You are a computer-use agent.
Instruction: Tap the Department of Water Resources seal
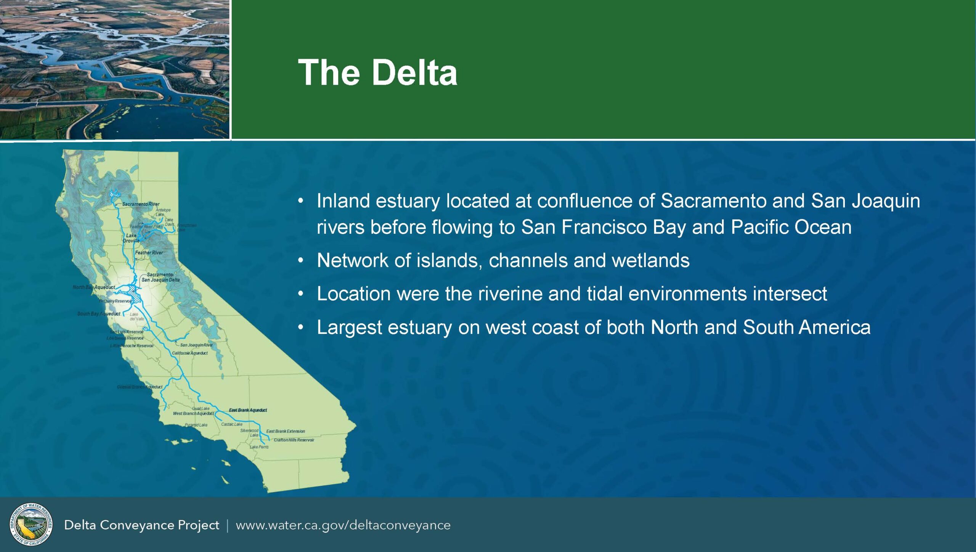pyautogui.click(x=31, y=525)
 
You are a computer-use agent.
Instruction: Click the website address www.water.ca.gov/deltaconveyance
pyautogui.click(x=343, y=525)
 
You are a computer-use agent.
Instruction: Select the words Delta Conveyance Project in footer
pyautogui.click(x=141, y=525)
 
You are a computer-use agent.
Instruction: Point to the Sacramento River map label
pyautogui.click(x=141, y=204)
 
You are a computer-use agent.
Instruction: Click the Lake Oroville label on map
pyautogui.click(x=131, y=238)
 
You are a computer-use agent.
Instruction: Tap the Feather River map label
pyautogui.click(x=149, y=252)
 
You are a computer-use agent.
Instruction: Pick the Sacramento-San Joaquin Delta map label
pyautogui.click(x=161, y=277)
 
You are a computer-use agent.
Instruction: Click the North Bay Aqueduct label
pyautogui.click(x=94, y=287)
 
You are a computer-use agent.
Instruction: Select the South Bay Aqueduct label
pyautogui.click(x=99, y=314)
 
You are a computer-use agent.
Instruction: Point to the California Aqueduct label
pyautogui.click(x=189, y=353)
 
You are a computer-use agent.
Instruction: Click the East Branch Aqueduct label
pyautogui.click(x=248, y=410)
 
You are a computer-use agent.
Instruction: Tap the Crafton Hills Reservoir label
pyautogui.click(x=294, y=440)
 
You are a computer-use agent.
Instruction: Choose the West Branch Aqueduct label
pyautogui.click(x=193, y=414)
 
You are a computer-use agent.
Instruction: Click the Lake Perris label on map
pyautogui.click(x=259, y=447)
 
